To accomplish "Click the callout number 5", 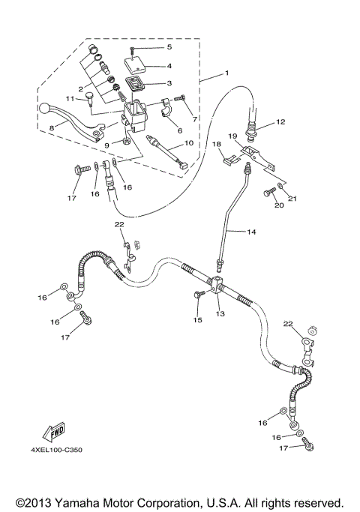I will point(169,47).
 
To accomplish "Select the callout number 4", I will point(169,65).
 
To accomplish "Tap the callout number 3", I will point(169,83).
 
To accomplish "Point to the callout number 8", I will point(51,129).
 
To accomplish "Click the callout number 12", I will point(280,121).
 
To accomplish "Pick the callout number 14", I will point(251,232).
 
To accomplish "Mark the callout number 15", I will point(198,320).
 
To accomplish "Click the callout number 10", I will point(188,142).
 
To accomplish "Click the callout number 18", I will point(216,143).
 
